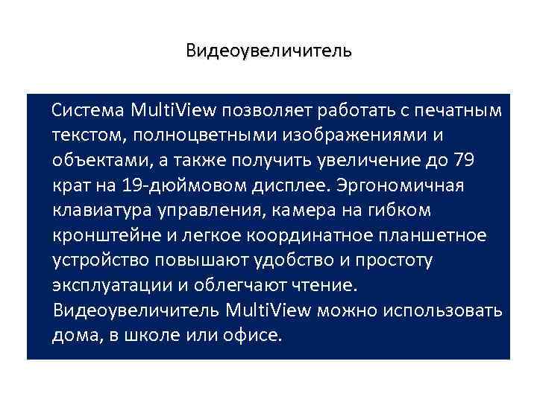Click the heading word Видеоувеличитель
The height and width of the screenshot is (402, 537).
pos(268,51)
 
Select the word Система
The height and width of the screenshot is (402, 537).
pos(88,111)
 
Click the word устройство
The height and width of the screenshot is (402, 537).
pos(99,261)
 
